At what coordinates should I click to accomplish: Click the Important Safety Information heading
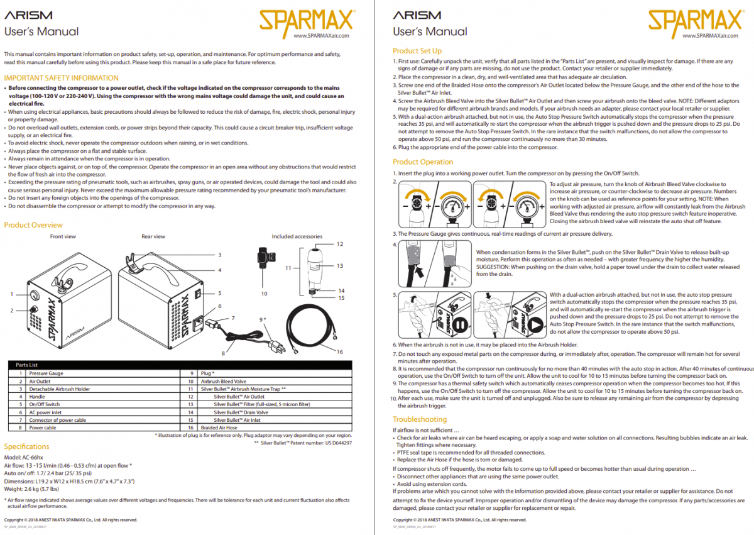coord(61,78)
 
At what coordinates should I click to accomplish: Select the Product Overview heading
coord(33,224)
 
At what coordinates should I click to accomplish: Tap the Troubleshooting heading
coord(420,419)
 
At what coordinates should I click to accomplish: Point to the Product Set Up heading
coord(417,51)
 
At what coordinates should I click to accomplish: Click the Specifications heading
coord(26,446)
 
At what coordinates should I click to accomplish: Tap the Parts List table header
coord(26,365)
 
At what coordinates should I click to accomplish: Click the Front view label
coord(63,236)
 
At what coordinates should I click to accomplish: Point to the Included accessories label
coord(297,236)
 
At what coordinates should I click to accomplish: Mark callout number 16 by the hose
coord(340,351)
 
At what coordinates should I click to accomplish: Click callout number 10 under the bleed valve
coord(264,293)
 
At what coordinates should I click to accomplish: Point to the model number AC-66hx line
coord(24,457)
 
